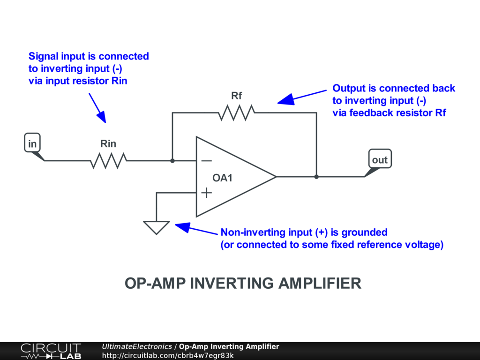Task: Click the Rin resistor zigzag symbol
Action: pos(108,161)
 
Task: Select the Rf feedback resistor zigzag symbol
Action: pos(237,112)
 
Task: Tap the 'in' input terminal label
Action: pos(32,144)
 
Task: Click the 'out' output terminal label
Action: pos(380,160)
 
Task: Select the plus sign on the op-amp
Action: pos(206,193)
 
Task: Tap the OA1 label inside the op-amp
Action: pos(222,178)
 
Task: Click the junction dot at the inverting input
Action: pos(172,161)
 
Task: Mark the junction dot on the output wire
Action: pos(316,177)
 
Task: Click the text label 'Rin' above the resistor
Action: pos(108,144)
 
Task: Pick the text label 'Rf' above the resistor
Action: pos(237,96)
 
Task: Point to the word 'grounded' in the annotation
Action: pos(364,232)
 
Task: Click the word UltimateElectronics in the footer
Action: pos(137,346)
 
